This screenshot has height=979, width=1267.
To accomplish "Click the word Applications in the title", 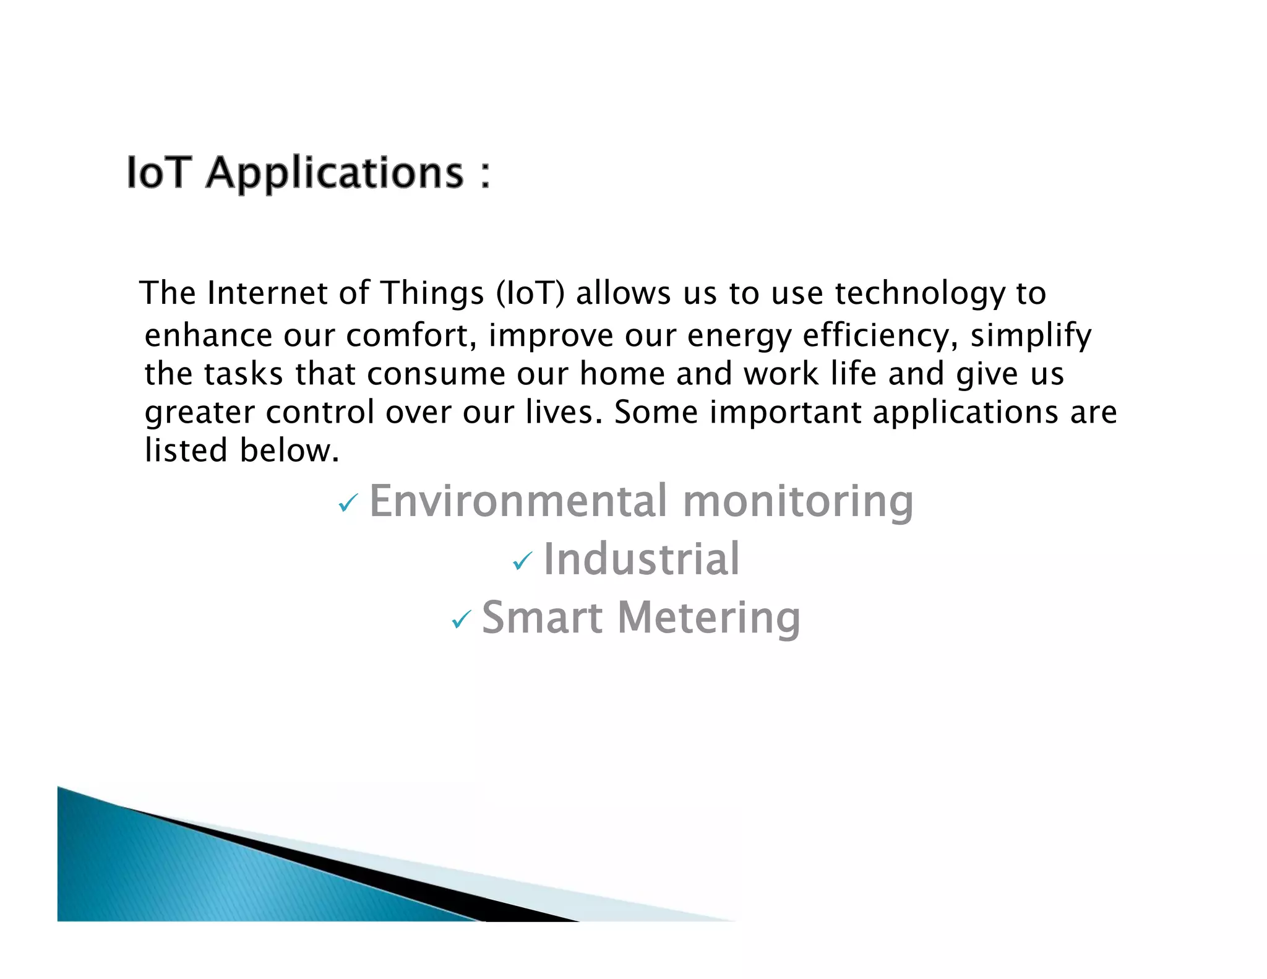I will pyautogui.click(x=335, y=173).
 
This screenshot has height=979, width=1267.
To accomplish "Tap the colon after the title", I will pyautogui.click(x=485, y=175).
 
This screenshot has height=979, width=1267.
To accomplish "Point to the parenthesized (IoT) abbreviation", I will pyautogui.click(x=530, y=293).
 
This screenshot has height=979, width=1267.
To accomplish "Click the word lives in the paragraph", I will pyautogui.click(x=564, y=412).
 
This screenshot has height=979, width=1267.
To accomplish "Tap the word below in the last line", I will pyautogui.click(x=289, y=451).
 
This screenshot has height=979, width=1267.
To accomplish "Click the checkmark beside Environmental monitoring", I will pyautogui.click(x=348, y=503).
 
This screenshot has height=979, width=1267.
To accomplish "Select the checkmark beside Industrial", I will pyautogui.click(x=522, y=561).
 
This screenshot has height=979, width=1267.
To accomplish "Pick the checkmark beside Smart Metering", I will pyautogui.click(x=461, y=619).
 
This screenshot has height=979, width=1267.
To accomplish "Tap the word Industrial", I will pyautogui.click(x=641, y=559).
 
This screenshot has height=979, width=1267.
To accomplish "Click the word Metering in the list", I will pyautogui.click(x=709, y=619).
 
